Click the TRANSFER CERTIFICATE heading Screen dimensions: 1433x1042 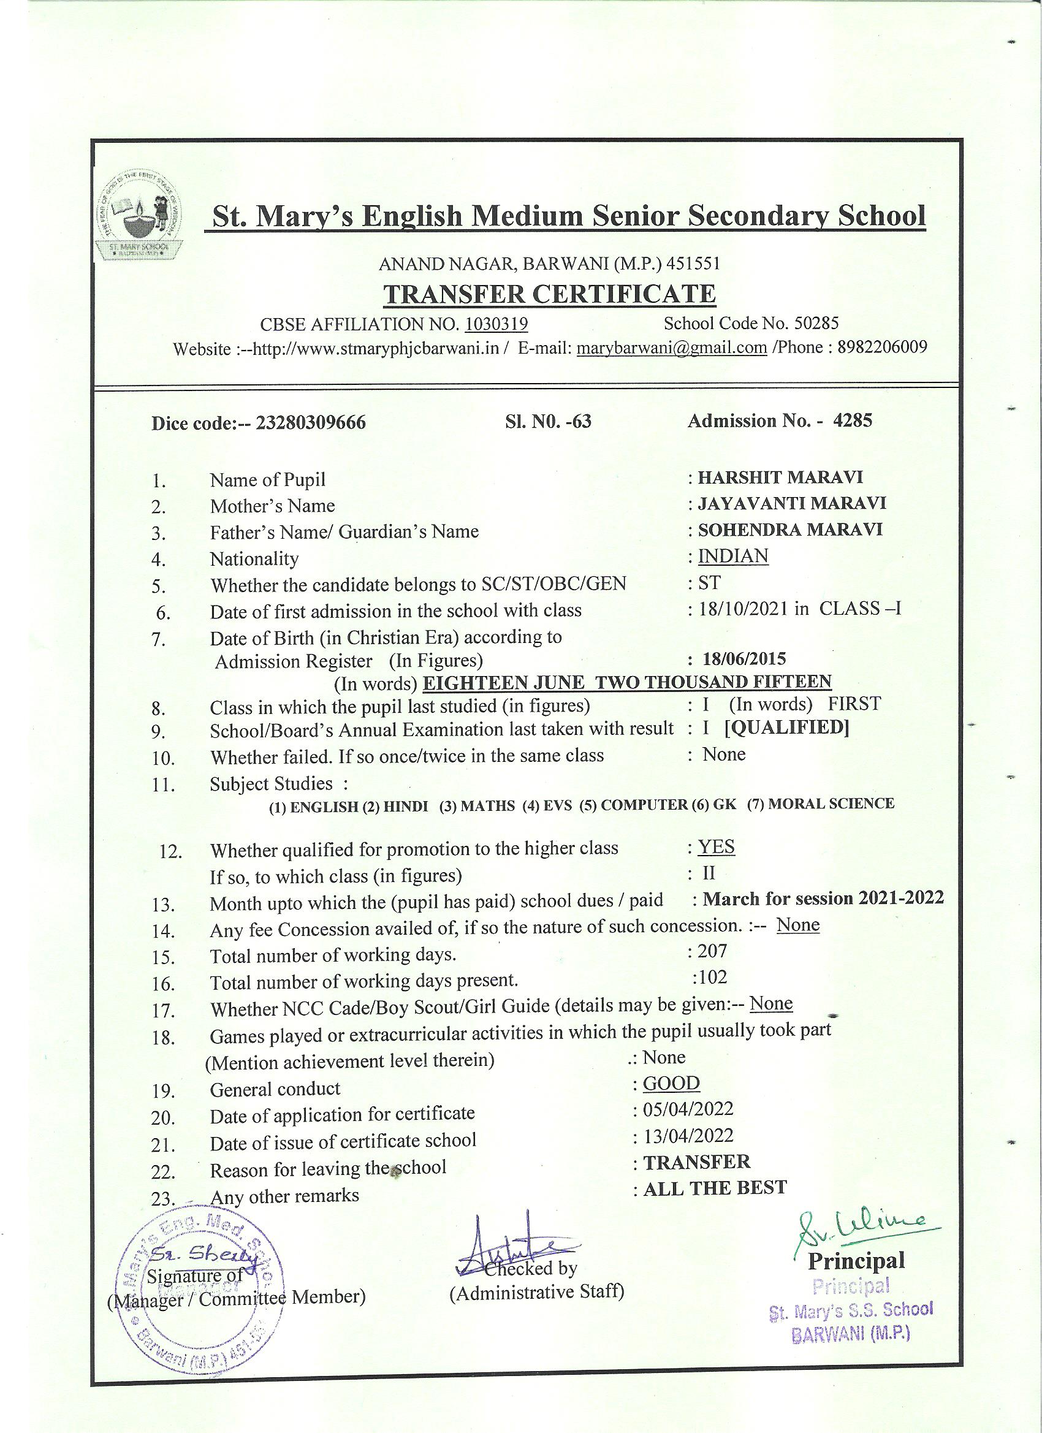click(550, 294)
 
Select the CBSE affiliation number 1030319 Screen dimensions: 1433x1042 click(496, 324)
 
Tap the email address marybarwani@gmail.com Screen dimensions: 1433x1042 click(672, 348)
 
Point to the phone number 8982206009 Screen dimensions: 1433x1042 click(882, 347)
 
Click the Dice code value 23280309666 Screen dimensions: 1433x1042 click(310, 423)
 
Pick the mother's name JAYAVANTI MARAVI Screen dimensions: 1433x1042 click(792, 503)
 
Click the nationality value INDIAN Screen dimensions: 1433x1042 click(733, 555)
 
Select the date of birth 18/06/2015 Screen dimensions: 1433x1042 click(744, 659)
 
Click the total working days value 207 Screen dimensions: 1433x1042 click(712, 951)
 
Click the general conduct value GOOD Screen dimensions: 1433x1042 click(671, 1083)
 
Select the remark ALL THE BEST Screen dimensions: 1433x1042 click(715, 1188)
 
